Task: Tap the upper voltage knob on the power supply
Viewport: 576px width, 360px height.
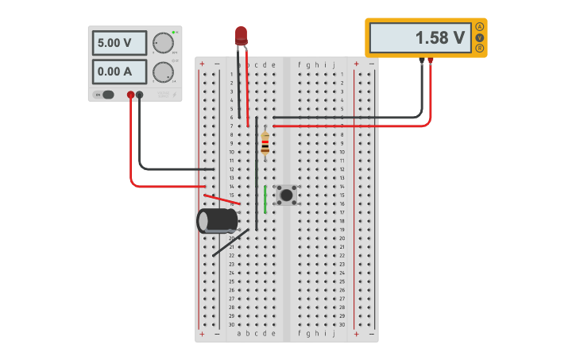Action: [x=164, y=43]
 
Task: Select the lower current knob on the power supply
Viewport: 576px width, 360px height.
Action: [x=164, y=72]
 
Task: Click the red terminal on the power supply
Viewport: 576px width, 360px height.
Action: [x=131, y=95]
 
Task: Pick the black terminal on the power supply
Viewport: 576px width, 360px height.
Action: [x=140, y=95]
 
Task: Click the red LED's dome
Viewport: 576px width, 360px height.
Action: [x=241, y=34]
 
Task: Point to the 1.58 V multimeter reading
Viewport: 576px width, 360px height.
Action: [x=420, y=37]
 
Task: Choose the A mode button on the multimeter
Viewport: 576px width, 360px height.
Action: [x=480, y=27]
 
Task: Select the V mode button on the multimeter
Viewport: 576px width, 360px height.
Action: [x=480, y=37]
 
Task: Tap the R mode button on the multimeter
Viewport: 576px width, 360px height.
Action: [x=480, y=48]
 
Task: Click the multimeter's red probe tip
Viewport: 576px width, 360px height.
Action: [x=431, y=61]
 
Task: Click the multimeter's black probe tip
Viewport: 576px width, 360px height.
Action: [x=422, y=61]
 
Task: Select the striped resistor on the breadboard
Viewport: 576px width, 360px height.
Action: [x=265, y=144]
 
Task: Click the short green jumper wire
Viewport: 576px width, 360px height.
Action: [x=265, y=199]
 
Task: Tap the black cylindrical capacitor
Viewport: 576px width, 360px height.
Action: [x=217, y=220]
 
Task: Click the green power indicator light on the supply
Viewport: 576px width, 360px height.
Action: [x=175, y=31]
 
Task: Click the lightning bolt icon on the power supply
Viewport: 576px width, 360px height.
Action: [x=175, y=95]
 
